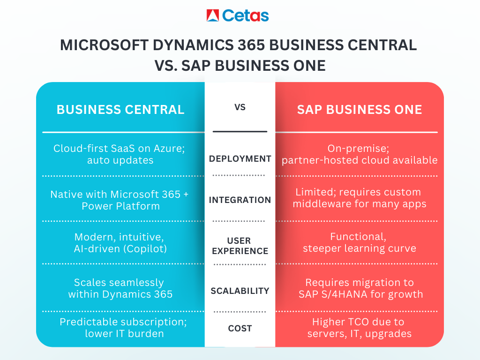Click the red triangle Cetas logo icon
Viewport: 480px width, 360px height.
click(x=213, y=15)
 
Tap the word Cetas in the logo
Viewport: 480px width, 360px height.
click(x=245, y=15)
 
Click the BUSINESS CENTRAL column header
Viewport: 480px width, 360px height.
click(x=120, y=110)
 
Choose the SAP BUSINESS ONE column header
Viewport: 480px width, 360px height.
click(x=360, y=110)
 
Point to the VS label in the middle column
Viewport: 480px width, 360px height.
click(x=240, y=107)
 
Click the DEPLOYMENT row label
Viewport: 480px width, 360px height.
click(x=240, y=159)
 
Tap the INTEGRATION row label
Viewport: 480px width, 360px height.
click(x=240, y=200)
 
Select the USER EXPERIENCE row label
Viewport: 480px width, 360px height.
click(x=240, y=246)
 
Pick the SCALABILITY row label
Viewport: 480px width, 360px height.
click(x=240, y=291)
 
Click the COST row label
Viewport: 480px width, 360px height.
click(x=240, y=329)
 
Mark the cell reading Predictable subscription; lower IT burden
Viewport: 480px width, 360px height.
click(x=120, y=328)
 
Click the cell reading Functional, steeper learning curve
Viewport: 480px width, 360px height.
click(x=360, y=242)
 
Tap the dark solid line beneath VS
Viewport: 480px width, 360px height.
click(x=240, y=132)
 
